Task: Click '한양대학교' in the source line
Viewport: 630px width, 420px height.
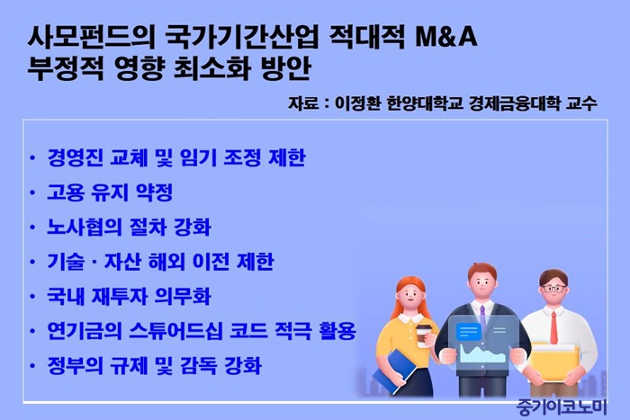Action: pos(424,104)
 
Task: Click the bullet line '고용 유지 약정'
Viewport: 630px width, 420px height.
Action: pos(110,192)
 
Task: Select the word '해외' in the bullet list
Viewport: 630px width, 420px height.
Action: pos(166,262)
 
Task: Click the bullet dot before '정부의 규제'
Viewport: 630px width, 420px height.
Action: pos(32,366)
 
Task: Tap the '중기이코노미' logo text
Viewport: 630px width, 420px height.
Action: pos(561,407)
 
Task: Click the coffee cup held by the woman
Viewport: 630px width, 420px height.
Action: pos(422,335)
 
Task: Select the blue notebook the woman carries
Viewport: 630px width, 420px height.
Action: pos(395,371)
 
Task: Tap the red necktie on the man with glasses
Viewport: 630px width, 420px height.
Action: pos(553,326)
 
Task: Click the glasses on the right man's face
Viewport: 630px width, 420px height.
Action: pos(553,288)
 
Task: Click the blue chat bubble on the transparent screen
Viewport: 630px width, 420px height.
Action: pos(468,332)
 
